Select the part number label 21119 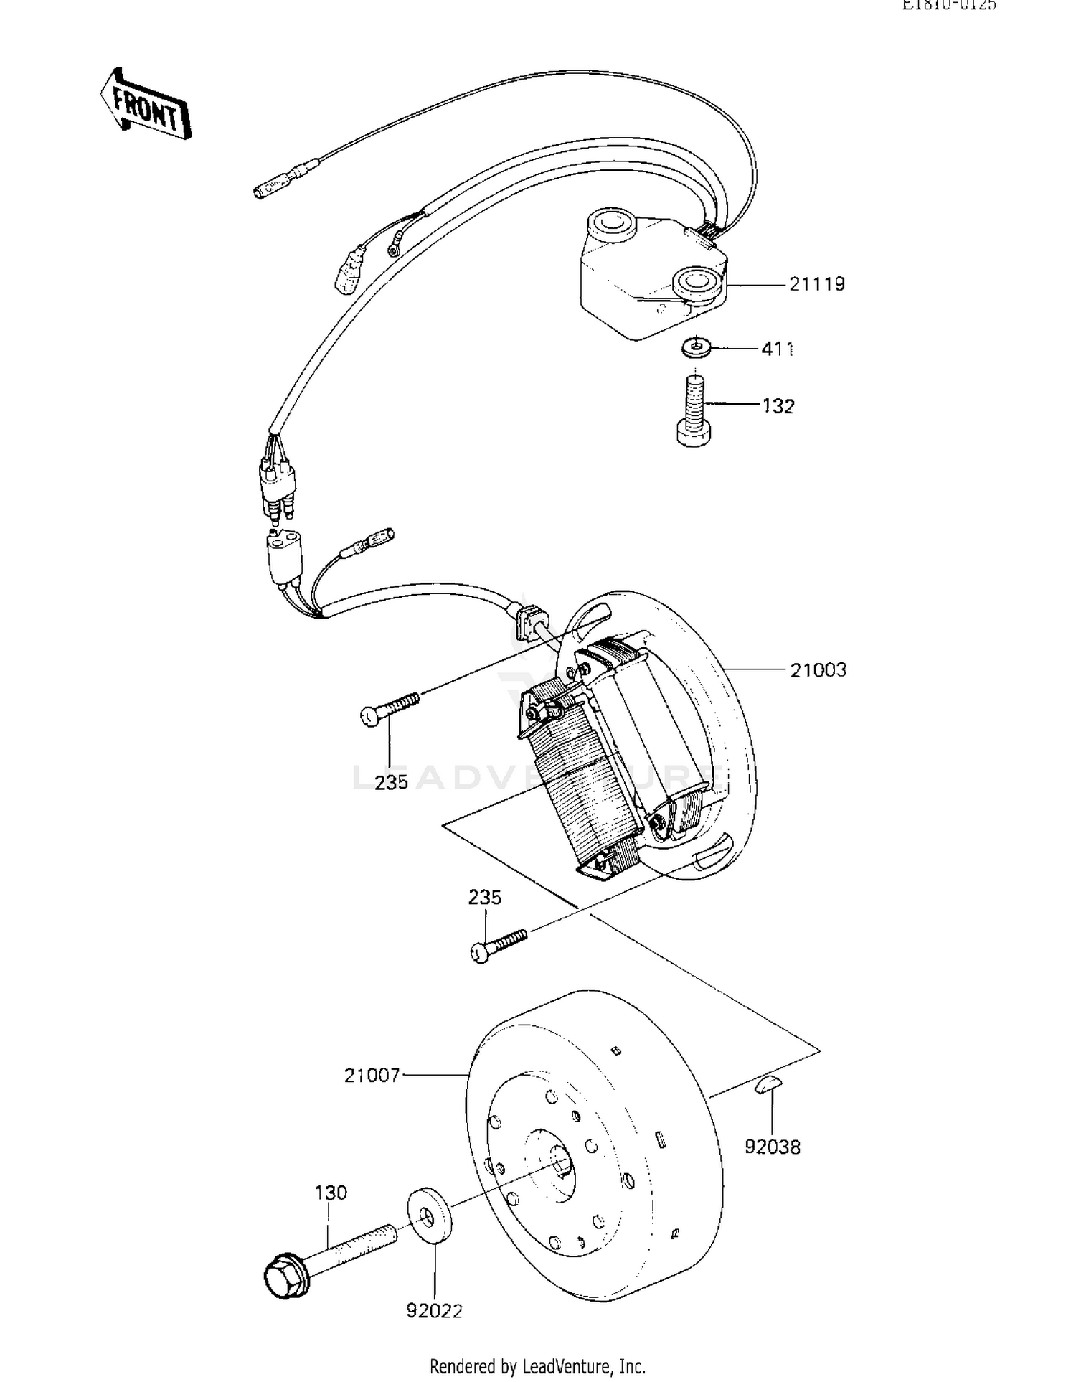[817, 284]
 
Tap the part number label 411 [777, 349]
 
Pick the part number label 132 [778, 407]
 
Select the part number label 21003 [818, 670]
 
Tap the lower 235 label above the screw [485, 897]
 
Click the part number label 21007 [372, 1076]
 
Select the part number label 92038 [772, 1147]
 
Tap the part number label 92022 [434, 1311]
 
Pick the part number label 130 [330, 1193]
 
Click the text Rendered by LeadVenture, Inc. [537, 1366]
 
